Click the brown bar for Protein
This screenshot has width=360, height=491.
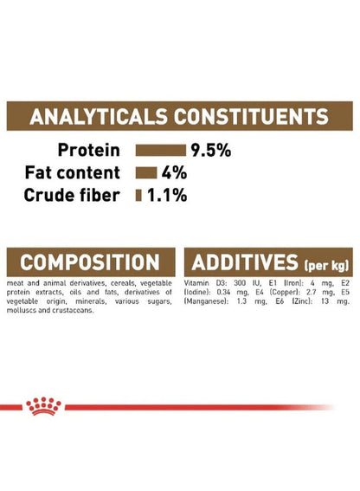coord(161,151)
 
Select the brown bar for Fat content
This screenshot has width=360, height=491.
coord(146,173)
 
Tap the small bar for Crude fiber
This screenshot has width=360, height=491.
coord(138,196)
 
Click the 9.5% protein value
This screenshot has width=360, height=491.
coord(211,151)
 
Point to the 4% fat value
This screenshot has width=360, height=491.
coord(174,173)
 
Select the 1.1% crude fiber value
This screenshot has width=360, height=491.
coord(167,196)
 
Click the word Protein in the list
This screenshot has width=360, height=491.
coord(89,150)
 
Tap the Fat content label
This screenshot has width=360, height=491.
coord(73,172)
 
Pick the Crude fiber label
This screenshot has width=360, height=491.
coord(72,195)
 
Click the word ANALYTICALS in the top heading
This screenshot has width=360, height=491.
coord(99,117)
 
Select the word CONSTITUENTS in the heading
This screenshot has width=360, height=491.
coord(251,117)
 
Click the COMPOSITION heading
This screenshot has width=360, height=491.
coord(90,262)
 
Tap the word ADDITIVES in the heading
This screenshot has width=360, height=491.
coord(245,262)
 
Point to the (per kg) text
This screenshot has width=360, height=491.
coord(326,266)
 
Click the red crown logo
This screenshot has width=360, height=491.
coord(43,406)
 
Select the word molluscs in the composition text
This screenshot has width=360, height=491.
coord(18,311)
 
